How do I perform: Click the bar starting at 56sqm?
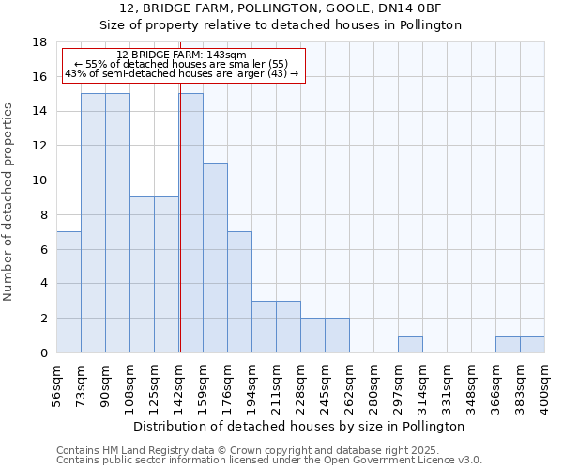coord(68,292)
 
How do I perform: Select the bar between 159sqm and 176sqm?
coord(215,258)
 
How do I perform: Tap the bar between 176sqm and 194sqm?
coord(239,292)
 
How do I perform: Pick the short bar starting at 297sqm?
coord(410,344)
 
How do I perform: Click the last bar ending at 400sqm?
coord(532,344)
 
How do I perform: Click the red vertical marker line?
coord(180,235)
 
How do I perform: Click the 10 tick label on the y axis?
coord(40,180)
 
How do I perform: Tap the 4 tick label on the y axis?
coord(43,284)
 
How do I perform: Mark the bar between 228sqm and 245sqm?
coord(312,336)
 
